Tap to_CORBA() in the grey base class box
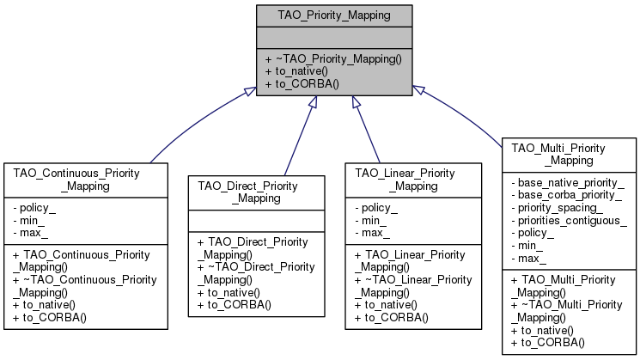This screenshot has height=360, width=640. tap(307, 84)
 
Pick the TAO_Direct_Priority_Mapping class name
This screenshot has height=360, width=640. tap(257, 191)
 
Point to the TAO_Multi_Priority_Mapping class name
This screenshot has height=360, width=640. tap(570, 155)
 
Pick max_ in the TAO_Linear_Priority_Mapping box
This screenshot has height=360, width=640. tap(372, 233)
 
